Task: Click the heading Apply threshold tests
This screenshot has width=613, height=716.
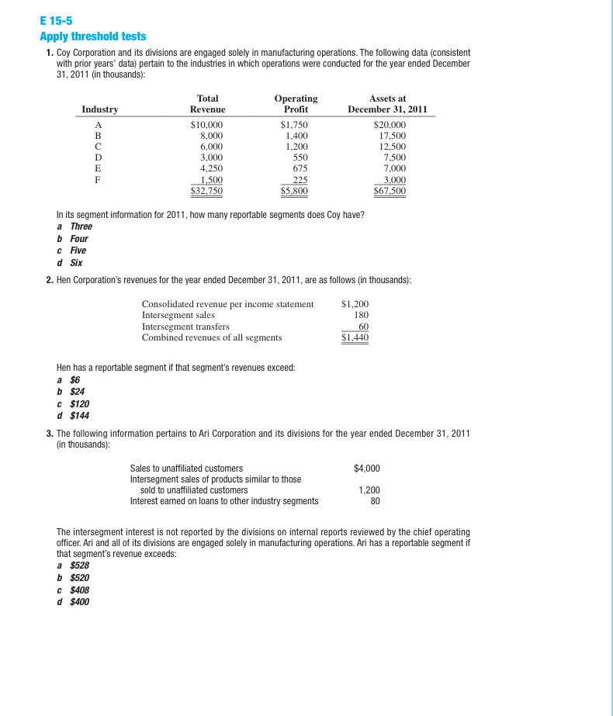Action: (x=92, y=36)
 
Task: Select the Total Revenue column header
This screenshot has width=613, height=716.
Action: (x=207, y=104)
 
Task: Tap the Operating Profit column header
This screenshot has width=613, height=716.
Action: (x=296, y=104)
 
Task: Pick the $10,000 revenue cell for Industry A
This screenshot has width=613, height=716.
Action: (x=207, y=124)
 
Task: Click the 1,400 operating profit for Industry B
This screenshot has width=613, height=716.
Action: (x=296, y=135)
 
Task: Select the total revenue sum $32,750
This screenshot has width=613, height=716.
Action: (x=207, y=190)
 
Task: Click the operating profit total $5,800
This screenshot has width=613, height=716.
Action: (x=295, y=190)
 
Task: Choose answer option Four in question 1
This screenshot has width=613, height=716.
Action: (x=81, y=238)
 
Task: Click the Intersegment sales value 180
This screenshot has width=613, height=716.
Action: (x=361, y=315)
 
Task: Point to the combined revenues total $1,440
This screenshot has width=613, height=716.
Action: (x=355, y=337)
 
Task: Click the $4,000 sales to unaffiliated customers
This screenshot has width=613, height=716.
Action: (x=366, y=469)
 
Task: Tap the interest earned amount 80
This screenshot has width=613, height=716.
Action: (x=375, y=500)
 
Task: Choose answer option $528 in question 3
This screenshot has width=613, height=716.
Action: (x=80, y=566)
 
